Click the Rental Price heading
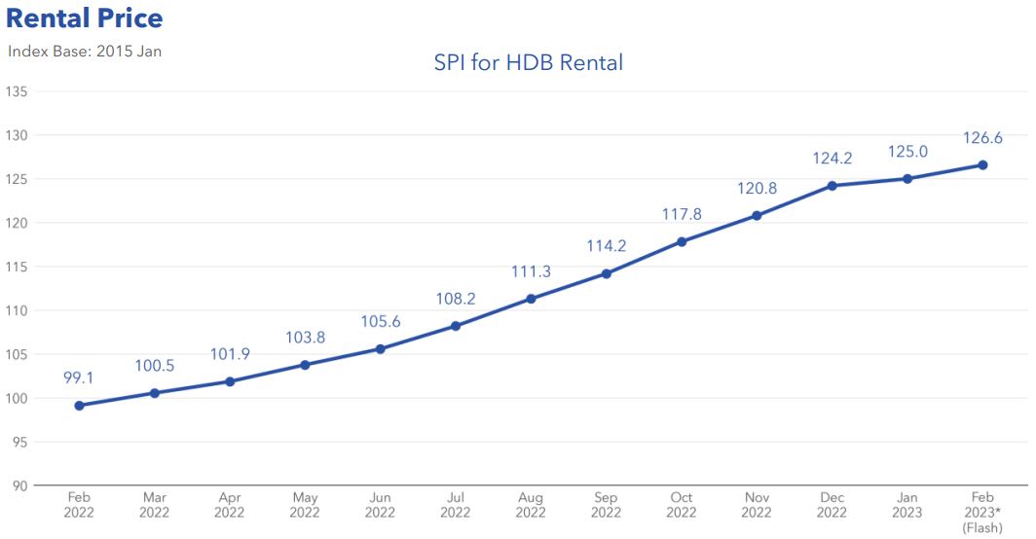point(85,18)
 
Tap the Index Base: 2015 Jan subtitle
point(85,51)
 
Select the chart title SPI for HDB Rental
point(528,63)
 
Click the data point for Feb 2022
point(79,406)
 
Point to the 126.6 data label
point(982,138)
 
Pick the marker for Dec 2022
point(832,186)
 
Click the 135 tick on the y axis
point(16,91)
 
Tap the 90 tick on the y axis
point(19,485)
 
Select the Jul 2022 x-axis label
point(455,505)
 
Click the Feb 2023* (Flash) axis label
point(982,513)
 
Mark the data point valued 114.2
point(606,273)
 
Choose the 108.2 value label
point(455,299)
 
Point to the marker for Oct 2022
point(682,241)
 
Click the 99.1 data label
point(79,377)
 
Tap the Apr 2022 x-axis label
point(230,505)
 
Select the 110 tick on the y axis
point(16,310)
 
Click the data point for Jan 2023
point(907,178)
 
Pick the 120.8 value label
point(757,188)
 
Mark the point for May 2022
point(305,365)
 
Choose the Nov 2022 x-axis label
point(757,505)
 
